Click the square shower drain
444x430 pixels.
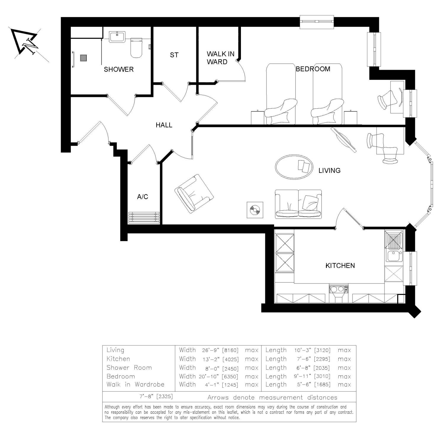tap(83, 58)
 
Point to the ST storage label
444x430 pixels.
tap(174, 55)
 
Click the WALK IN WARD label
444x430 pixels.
tap(220, 58)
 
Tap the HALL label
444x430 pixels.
tap(164, 125)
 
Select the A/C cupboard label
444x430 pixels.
tap(142, 197)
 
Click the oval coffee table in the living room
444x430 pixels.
tap(294, 167)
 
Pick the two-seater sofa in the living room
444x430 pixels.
tap(298, 205)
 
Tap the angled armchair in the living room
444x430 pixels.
tap(194, 194)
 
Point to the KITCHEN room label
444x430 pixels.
tap(340, 266)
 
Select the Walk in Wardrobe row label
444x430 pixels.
tap(135, 384)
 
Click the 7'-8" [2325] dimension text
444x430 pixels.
tap(156, 396)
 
